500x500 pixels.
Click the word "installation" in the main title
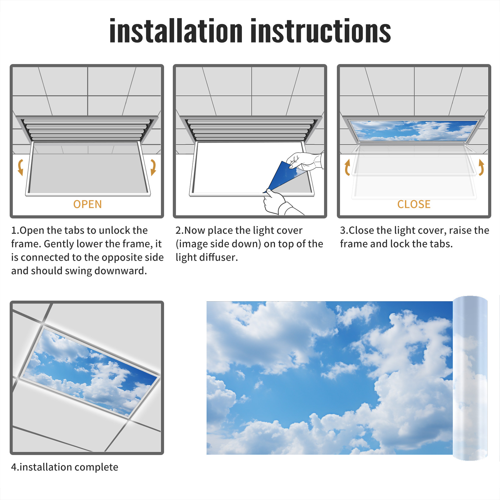pyautogui.click(x=176, y=31)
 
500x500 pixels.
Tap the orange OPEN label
pyautogui.click(x=87, y=204)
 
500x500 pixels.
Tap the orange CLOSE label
pyautogui.click(x=414, y=204)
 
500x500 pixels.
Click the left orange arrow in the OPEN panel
pyautogui.click(x=20, y=167)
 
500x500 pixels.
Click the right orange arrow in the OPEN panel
pyautogui.click(x=153, y=167)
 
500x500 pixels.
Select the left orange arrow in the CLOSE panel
pyautogui.click(x=347, y=167)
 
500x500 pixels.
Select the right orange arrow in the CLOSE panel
pyautogui.click(x=482, y=167)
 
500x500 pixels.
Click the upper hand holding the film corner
pyautogui.click(x=305, y=161)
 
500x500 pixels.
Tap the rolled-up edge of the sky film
pyautogui.click(x=470, y=378)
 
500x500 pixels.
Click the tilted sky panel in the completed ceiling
pyautogui.click(x=90, y=372)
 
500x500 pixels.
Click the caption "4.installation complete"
pyautogui.click(x=65, y=467)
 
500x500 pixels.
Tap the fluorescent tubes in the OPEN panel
pyautogui.click(x=87, y=129)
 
